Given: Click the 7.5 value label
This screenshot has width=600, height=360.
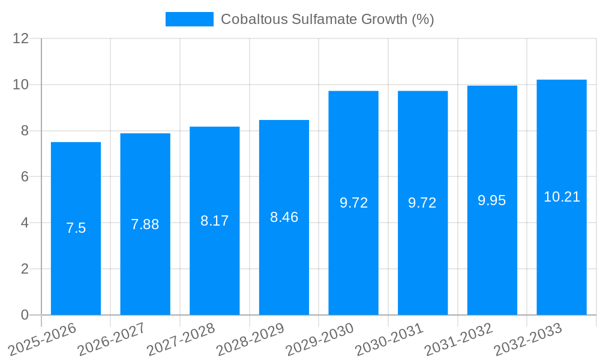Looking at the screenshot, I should point(76,228).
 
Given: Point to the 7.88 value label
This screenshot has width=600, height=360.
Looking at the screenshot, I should point(145,224).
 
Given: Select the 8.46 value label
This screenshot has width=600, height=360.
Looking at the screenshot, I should point(284,217).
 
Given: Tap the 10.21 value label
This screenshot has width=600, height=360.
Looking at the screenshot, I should point(562,197).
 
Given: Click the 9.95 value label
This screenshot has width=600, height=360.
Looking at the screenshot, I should point(492,200).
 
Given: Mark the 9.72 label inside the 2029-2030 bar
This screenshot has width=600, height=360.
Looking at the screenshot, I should point(353,203).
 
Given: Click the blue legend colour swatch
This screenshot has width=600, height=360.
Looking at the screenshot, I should point(189,19).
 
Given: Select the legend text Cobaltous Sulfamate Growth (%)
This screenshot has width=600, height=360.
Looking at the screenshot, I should point(327,19).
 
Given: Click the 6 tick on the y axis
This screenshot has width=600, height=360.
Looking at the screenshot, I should point(25,177).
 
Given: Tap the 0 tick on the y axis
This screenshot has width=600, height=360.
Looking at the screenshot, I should point(25,315).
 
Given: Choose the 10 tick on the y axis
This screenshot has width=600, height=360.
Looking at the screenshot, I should point(21,85).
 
